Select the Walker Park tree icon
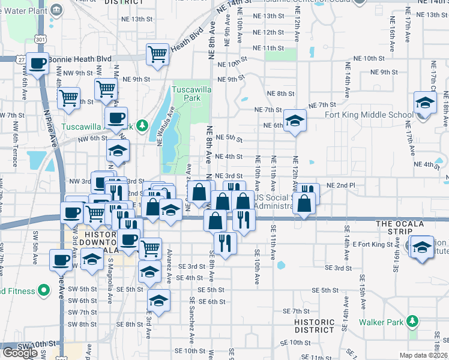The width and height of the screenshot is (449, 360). pos(412,322)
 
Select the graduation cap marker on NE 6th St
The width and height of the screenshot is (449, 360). pos(295,121)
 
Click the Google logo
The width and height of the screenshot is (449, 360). pos(20,352)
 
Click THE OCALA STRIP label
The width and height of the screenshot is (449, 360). pos(400,224)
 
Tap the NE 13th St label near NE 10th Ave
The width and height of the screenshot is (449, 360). pos(268,16)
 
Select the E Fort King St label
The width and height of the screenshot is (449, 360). pos(372,244)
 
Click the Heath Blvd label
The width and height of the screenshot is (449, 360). pos(187,37)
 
